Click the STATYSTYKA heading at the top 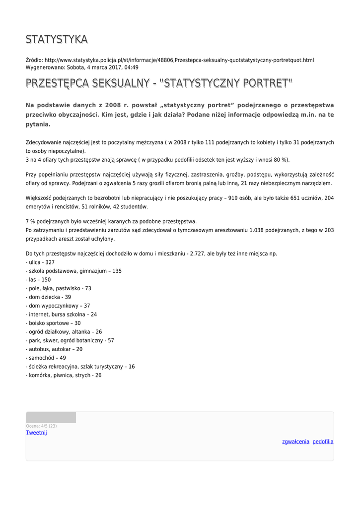pyautogui.click(x=57, y=39)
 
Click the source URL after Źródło pyautogui.click(x=179, y=60)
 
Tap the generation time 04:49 pyautogui.click(x=132, y=67)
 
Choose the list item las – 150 pyautogui.click(x=38, y=279)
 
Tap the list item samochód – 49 pyautogui.click(x=46, y=358)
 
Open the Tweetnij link pyautogui.click(x=36, y=433)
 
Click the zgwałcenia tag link pyautogui.click(x=295, y=442)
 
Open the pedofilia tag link pyautogui.click(x=323, y=442)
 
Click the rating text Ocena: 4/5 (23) pyautogui.click(x=41, y=426)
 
